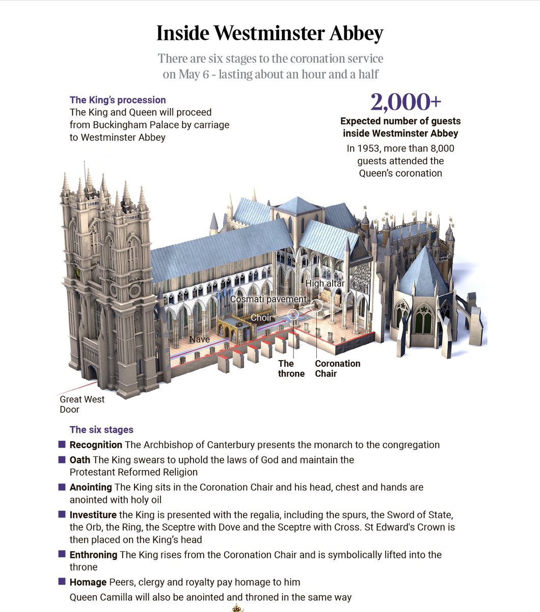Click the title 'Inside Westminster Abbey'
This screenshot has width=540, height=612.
[x=269, y=34]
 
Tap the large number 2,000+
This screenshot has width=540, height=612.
[x=406, y=103]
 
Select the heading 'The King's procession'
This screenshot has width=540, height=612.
[x=118, y=100]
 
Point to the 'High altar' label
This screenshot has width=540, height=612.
[x=325, y=284]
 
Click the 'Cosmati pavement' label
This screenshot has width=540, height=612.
[x=268, y=299]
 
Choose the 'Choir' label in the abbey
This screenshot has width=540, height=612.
[x=261, y=318]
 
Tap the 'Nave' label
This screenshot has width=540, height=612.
[x=199, y=340]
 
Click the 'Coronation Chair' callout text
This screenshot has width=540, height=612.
[x=337, y=368]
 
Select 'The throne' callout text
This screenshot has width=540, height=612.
[x=291, y=368]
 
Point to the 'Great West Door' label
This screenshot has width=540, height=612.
[x=82, y=404]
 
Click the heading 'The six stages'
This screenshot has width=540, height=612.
[x=101, y=429]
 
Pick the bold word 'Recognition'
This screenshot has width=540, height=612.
[x=96, y=445]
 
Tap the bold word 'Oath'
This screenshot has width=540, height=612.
[x=80, y=460]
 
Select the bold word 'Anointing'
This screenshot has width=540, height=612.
[x=91, y=487]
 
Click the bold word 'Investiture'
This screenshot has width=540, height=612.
[x=93, y=515]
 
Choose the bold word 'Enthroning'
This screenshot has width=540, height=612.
[x=93, y=554]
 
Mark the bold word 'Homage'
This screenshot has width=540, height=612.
[x=88, y=582]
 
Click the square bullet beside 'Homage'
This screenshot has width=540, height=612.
[x=62, y=581]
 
